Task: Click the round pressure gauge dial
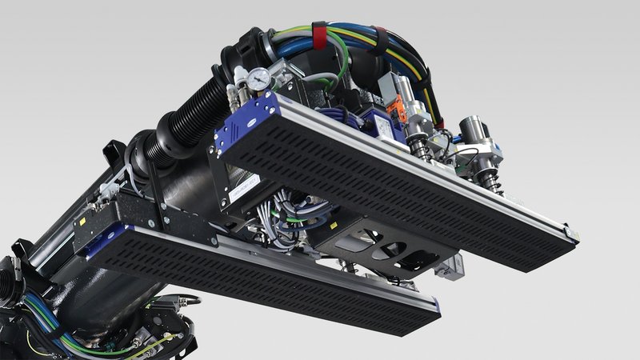(258, 78)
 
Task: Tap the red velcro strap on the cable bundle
(319, 34)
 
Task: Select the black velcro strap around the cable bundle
(381, 40)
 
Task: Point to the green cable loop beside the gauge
(340, 68)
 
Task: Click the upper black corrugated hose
(192, 104)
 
